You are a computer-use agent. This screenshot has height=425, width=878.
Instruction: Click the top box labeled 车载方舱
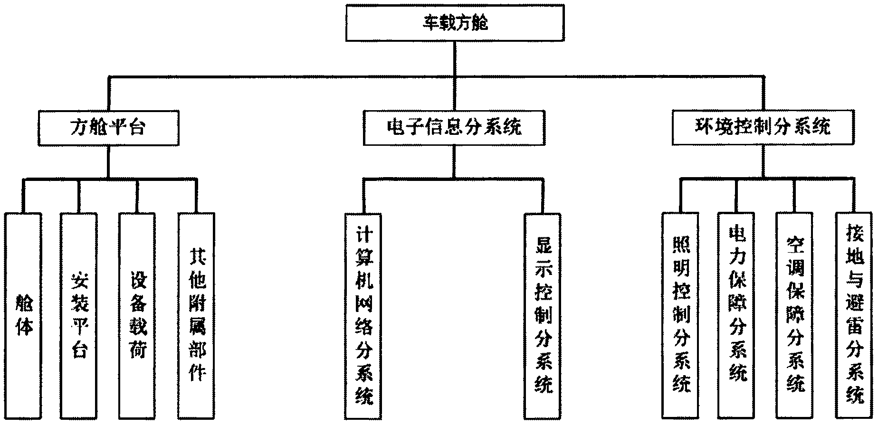point(455,23)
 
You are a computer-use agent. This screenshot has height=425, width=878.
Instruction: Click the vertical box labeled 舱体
point(23,316)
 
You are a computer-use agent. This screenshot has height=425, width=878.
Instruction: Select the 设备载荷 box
point(137,316)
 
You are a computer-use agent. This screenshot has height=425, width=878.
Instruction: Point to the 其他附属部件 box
point(196,316)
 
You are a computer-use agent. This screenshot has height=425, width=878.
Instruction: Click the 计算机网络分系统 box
point(363,316)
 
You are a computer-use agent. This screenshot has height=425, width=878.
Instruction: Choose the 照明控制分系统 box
point(680,316)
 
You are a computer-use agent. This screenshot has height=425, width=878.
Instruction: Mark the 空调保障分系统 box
point(794,316)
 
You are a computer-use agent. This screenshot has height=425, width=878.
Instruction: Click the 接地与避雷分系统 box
point(854,316)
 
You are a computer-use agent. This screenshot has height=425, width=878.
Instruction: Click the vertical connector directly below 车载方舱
point(455,58)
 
